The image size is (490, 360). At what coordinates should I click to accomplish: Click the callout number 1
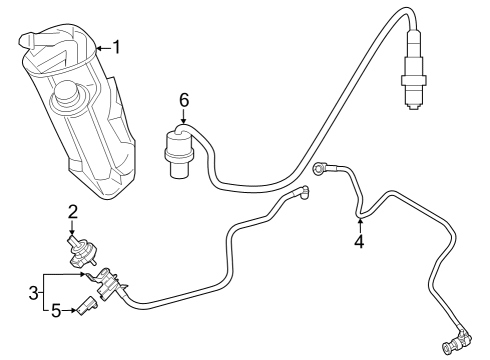[116, 47]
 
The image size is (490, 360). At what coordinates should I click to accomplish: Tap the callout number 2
[73, 212]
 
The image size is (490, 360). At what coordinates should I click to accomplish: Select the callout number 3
[33, 293]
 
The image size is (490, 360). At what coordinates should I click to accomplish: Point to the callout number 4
[359, 241]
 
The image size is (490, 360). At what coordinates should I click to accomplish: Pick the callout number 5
[56, 311]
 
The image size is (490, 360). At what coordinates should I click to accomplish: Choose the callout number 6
[184, 100]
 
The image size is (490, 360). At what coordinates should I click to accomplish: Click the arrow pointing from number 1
[104, 49]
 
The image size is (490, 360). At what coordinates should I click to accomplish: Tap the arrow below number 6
[184, 117]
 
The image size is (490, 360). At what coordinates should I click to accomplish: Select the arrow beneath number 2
[72, 229]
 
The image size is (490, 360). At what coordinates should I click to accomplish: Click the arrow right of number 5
[69, 311]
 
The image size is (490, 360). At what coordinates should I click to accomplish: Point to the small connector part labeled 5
[86, 305]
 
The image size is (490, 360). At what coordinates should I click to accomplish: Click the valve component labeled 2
[82, 251]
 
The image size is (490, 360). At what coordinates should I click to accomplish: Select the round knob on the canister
[67, 92]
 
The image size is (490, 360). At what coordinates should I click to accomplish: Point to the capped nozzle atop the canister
[27, 40]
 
